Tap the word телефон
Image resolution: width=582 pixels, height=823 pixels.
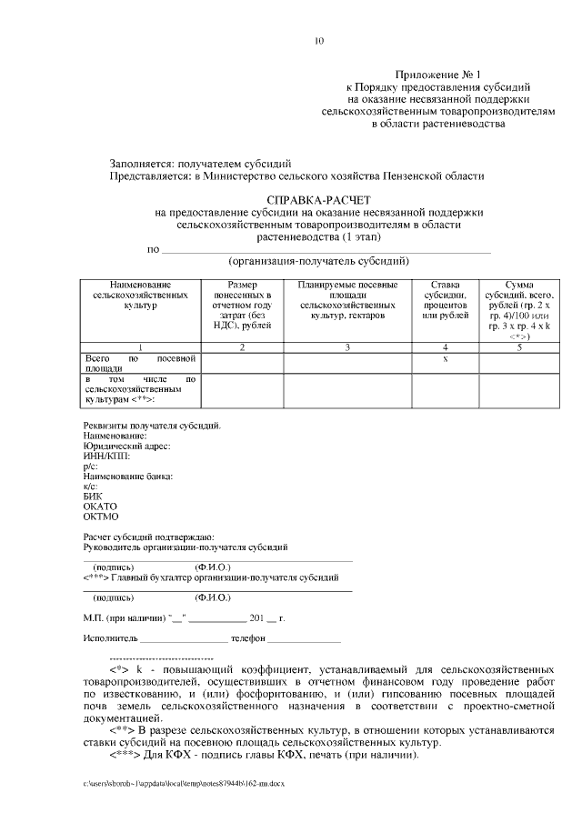(x=247, y=639)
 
